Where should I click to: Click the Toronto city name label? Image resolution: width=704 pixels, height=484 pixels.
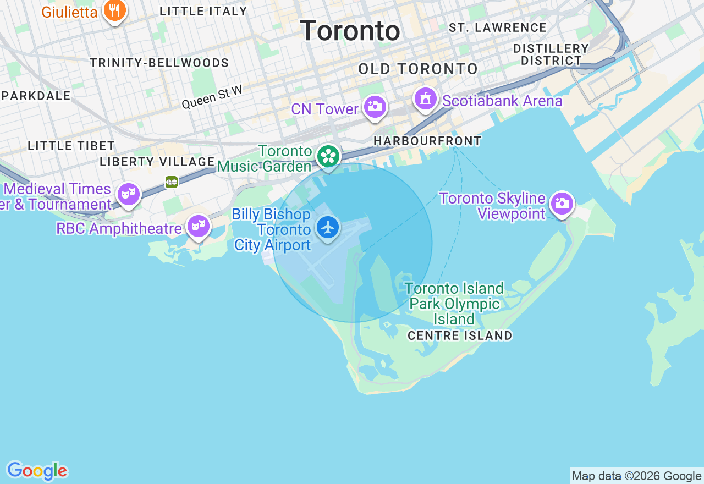pos(350,31)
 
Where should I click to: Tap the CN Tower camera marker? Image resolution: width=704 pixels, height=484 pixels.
pos(375,107)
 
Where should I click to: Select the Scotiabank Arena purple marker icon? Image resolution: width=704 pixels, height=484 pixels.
pos(426,100)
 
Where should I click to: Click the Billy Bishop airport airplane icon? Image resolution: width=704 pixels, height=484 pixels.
pos(328,227)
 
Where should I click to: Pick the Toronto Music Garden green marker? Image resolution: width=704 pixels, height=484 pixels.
pos(328,157)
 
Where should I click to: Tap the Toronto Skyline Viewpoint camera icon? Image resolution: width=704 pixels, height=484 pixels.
pos(562,204)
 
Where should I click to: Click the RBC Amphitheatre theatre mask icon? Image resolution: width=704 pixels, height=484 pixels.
pos(198,226)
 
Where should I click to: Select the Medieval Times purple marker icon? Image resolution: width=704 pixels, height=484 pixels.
pos(129,194)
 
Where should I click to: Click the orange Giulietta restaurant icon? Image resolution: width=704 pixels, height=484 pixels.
pos(115,10)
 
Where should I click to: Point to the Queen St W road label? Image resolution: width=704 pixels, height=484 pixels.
pos(212,97)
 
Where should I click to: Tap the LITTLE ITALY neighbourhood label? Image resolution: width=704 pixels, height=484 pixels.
pos(204,11)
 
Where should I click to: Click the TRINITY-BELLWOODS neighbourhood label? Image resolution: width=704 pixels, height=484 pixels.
pos(159,63)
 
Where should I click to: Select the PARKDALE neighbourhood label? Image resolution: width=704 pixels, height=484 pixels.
pos(36,96)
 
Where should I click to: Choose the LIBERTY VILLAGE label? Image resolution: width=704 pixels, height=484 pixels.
pos(157,162)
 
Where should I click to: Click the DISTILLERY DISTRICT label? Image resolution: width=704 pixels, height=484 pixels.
pos(551,54)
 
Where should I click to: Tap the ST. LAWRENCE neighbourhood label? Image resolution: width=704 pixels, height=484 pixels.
pos(498,28)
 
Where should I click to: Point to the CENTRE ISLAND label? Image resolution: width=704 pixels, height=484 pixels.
pos(460,335)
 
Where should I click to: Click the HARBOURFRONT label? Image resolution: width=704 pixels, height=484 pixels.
pos(427,141)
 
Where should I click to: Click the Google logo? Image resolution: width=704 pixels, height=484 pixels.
pos(37,471)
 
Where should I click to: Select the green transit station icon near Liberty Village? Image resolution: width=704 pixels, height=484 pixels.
pos(172,182)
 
